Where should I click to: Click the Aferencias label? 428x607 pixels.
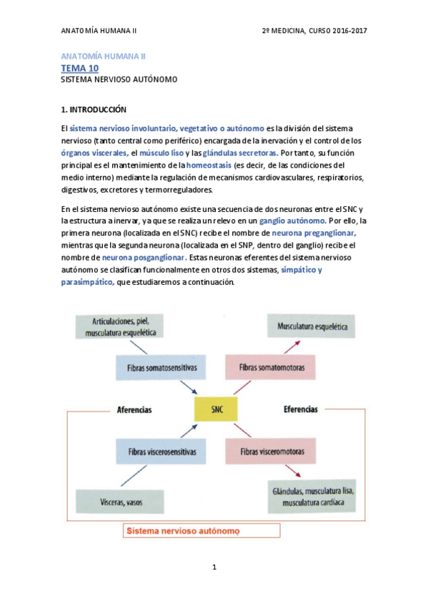[134, 410]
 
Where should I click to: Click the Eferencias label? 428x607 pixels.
[300, 409]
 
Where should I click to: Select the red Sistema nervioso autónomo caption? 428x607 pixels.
[182, 532]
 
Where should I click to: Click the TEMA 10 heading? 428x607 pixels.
[79, 68]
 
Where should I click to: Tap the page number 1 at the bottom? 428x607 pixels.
[214, 568]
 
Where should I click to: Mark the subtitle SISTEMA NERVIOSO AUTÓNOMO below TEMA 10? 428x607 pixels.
[119, 80]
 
